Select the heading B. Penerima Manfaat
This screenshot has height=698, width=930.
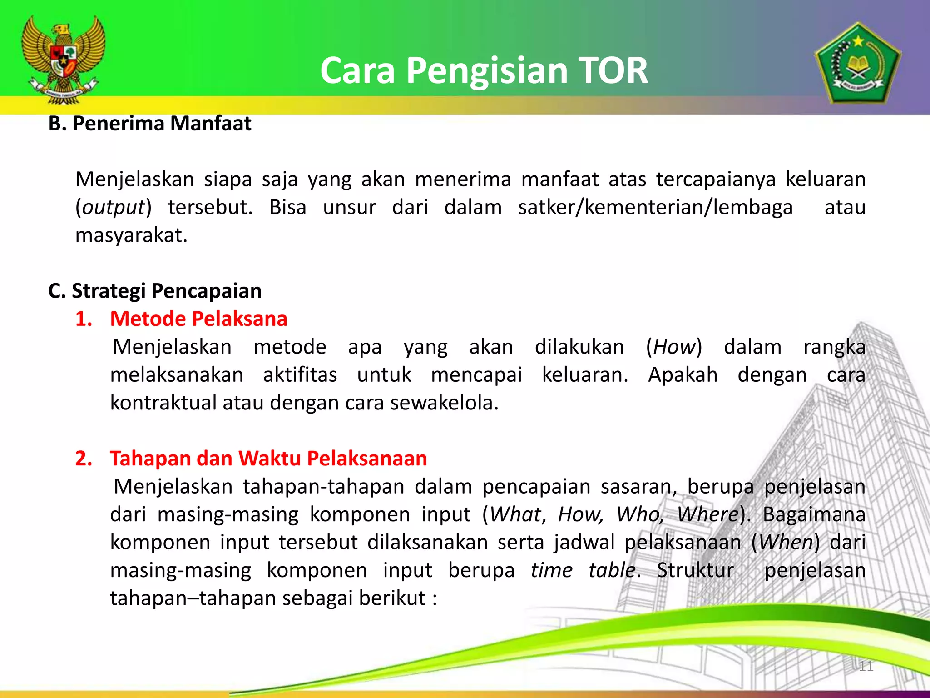click(x=150, y=124)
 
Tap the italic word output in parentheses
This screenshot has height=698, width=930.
click(x=113, y=208)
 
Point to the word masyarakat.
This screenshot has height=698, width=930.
click(x=131, y=235)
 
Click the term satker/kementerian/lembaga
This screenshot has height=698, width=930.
click(x=655, y=208)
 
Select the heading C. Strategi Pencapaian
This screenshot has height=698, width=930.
click(x=155, y=291)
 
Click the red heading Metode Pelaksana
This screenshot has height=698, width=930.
click(x=198, y=319)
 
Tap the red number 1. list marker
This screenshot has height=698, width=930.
click(x=84, y=319)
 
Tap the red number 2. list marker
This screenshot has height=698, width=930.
click(x=84, y=459)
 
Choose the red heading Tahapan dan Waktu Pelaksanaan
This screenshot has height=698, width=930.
click(x=268, y=459)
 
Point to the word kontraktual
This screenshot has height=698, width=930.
click(x=163, y=403)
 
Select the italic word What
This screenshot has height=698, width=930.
click(x=515, y=515)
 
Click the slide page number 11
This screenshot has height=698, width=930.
click(x=866, y=666)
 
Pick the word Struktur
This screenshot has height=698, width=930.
click(x=695, y=570)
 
